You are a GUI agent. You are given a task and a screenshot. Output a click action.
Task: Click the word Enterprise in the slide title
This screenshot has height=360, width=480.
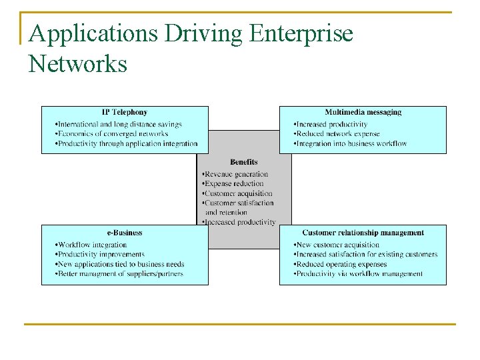[x=301, y=33]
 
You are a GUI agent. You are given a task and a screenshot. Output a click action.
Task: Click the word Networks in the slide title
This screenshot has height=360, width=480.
[x=78, y=64]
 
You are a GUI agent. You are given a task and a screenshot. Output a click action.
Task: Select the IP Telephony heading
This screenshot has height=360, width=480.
[x=124, y=112]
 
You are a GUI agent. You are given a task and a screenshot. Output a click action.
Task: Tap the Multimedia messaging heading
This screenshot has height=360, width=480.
[x=363, y=112]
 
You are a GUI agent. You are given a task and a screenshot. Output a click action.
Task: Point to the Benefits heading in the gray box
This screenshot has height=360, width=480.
[x=243, y=162]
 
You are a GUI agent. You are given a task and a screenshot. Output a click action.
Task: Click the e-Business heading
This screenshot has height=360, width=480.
[x=124, y=233]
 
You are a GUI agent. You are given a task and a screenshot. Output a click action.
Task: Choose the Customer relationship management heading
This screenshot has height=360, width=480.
[x=363, y=233]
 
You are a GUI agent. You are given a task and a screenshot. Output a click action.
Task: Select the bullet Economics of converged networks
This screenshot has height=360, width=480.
[x=111, y=133]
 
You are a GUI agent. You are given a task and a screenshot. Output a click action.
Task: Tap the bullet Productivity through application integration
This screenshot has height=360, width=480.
[x=127, y=143]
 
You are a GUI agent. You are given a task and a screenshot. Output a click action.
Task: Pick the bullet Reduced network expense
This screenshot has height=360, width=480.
[x=337, y=133]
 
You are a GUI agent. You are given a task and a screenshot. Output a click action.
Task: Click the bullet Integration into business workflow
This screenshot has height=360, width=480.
[x=350, y=143]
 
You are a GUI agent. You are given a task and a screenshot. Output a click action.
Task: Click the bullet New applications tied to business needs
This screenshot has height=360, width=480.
[x=120, y=264]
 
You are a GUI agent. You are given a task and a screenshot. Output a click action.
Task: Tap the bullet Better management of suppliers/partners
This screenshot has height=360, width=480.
[x=119, y=273]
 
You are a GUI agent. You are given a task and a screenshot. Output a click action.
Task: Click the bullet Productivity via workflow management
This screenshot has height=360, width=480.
[x=358, y=273]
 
